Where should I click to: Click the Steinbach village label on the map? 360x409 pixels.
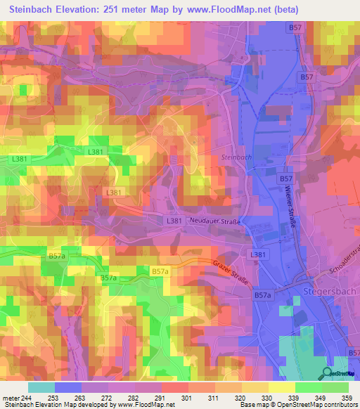click(236, 157)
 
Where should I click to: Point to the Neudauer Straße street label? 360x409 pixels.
click(215, 221)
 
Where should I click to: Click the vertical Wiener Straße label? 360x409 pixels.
click(289, 209)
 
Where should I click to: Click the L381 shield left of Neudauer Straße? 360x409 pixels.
click(176, 221)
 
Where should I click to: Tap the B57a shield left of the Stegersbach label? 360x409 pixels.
click(262, 297)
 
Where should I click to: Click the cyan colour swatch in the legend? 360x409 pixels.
click(41, 387)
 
